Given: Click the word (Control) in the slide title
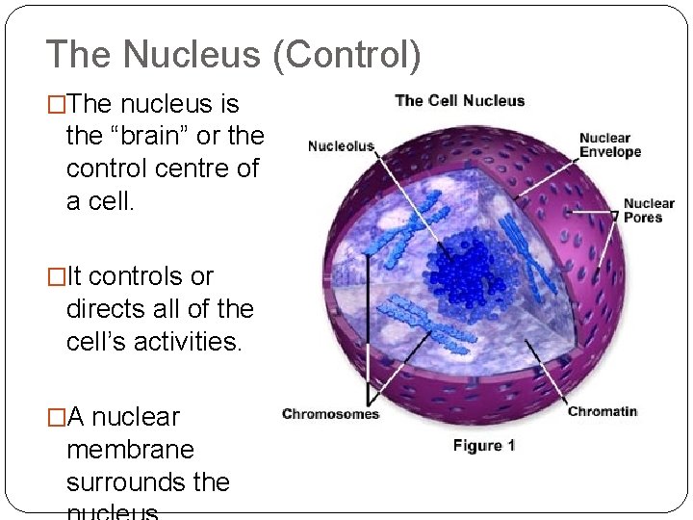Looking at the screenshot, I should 347,55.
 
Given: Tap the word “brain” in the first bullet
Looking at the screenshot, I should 149,136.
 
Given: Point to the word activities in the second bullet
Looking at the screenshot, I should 191,342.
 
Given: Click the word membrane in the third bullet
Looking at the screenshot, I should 130,450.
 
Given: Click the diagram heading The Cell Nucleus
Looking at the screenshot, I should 459,100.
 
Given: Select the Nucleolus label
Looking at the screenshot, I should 341,146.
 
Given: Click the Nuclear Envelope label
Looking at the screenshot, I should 604,145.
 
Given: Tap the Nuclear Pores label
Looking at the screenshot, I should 649,210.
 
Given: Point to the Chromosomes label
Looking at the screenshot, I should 330,414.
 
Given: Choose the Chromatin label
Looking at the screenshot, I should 602,412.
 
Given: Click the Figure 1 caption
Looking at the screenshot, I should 484,445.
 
